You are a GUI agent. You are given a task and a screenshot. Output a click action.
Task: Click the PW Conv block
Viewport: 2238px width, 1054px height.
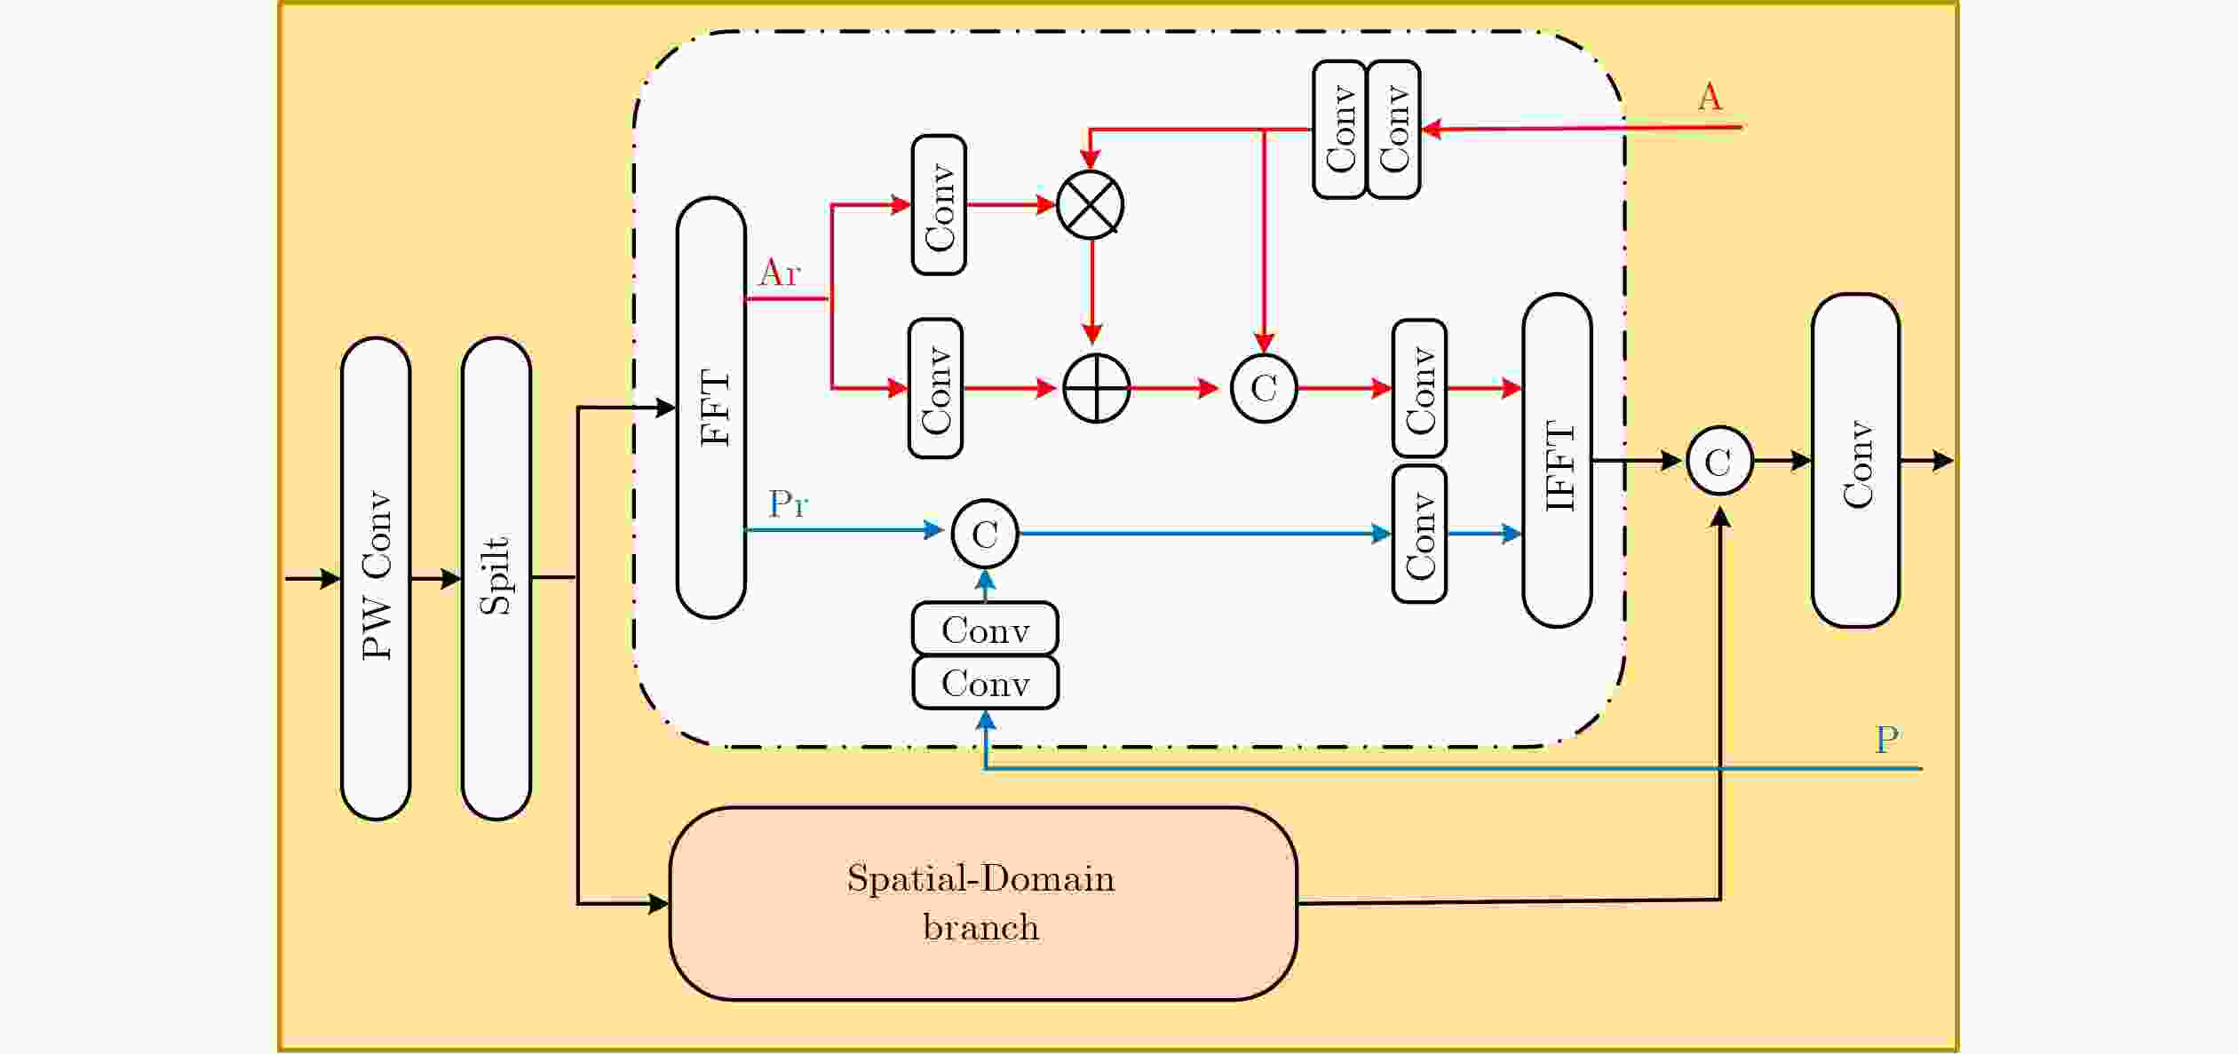pyautogui.click(x=376, y=578)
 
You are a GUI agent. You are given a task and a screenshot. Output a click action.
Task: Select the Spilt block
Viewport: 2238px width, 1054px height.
pyautogui.click(x=496, y=578)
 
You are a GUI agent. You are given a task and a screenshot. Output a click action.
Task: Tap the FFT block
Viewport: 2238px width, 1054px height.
pyautogui.click(x=711, y=408)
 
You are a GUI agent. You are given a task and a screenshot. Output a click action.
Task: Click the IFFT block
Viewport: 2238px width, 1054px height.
pyautogui.click(x=1558, y=460)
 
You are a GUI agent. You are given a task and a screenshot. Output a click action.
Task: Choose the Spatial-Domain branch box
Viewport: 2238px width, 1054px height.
pyautogui.click(x=983, y=904)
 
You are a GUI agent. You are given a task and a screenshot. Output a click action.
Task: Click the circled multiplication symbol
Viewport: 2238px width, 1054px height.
pyautogui.click(x=1091, y=205)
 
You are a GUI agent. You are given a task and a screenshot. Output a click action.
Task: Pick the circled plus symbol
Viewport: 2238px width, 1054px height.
pyautogui.click(x=1097, y=388)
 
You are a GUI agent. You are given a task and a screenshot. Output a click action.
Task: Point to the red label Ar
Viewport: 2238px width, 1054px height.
pyautogui.click(x=780, y=273)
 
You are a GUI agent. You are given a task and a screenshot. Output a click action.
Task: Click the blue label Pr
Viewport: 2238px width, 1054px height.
pyautogui.click(x=789, y=503)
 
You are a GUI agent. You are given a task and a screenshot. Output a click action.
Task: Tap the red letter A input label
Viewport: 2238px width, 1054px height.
pyautogui.click(x=1710, y=96)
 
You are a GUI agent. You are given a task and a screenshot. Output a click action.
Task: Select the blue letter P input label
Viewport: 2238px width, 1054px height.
pyautogui.click(x=1887, y=739)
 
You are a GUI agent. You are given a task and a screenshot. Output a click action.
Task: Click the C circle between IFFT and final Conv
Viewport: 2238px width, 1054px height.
pyautogui.click(x=1719, y=461)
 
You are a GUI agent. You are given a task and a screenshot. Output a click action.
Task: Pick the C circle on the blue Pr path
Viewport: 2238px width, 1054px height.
pyautogui.click(x=985, y=534)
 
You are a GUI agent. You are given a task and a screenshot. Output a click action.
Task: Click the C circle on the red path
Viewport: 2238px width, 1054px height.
pyautogui.click(x=1264, y=388)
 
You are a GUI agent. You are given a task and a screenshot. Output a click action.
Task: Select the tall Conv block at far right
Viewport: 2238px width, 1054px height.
pyautogui.click(x=1856, y=460)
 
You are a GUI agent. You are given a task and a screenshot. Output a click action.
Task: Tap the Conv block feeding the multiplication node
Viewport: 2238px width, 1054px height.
pyautogui.click(x=939, y=205)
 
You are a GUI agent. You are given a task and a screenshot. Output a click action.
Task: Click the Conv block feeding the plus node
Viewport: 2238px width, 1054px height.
pyautogui.click(x=935, y=388)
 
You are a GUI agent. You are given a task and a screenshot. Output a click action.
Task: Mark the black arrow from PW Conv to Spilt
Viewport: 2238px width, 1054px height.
pyautogui.click(x=436, y=579)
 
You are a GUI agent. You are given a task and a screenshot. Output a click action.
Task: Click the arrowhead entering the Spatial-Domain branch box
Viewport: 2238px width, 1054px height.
pyautogui.click(x=659, y=904)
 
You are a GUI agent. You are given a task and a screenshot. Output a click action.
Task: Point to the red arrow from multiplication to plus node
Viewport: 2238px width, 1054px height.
pyautogui.click(x=1092, y=291)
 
